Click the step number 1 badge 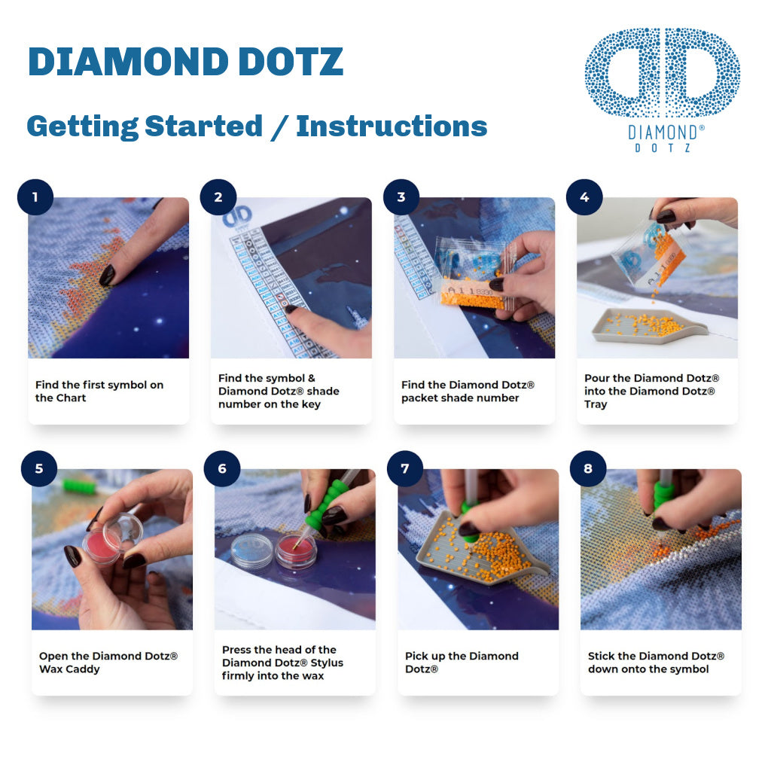click(x=35, y=197)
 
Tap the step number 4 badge click(x=584, y=197)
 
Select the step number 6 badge click(x=222, y=468)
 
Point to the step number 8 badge click(x=588, y=468)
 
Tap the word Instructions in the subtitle click(x=392, y=126)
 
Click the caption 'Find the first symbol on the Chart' click(x=99, y=391)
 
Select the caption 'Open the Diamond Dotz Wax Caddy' click(x=108, y=662)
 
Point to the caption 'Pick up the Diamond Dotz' click(x=462, y=662)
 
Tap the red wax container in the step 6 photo click(x=296, y=550)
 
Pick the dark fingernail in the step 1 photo click(x=108, y=275)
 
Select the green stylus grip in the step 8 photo click(x=663, y=494)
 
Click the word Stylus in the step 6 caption click(x=325, y=663)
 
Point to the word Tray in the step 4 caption click(x=596, y=404)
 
